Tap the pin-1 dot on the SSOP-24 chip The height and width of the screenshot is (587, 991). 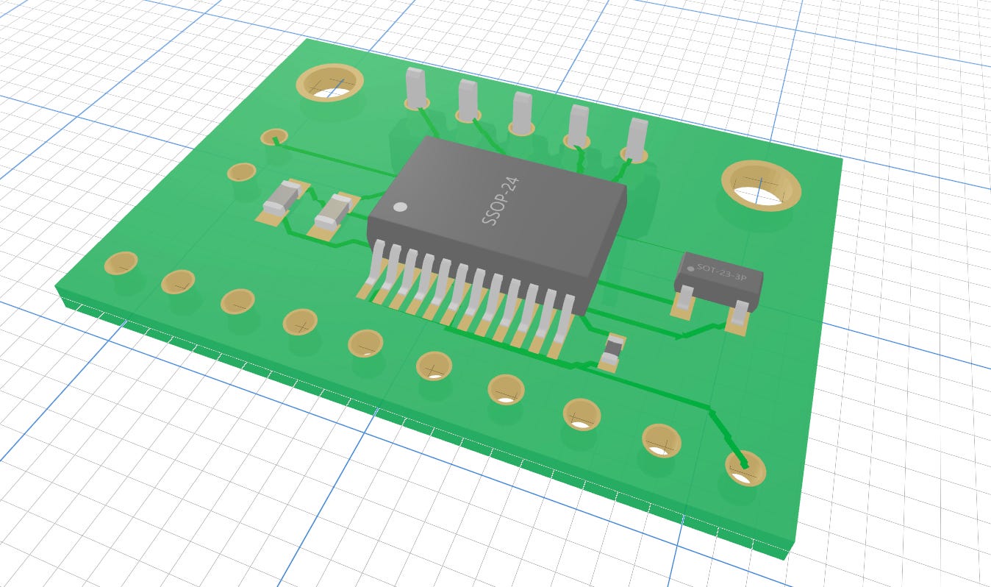pyautogui.click(x=400, y=207)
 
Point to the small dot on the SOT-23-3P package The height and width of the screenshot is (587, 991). pyautogui.click(x=690, y=268)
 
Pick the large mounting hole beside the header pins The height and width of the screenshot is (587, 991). pyautogui.click(x=329, y=82)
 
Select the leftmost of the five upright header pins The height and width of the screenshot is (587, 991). pyautogui.click(x=416, y=88)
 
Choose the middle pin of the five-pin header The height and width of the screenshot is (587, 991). pyautogui.click(x=522, y=113)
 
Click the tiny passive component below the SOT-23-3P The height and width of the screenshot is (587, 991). pyautogui.click(x=611, y=352)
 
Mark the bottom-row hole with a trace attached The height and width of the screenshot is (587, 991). pyautogui.click(x=745, y=468)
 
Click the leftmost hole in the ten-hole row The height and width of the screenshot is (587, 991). pyautogui.click(x=121, y=263)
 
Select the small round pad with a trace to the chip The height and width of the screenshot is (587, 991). pyautogui.click(x=274, y=136)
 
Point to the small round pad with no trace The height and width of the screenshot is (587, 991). pyautogui.click(x=241, y=172)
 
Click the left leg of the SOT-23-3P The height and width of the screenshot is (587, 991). pyautogui.click(x=684, y=299)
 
